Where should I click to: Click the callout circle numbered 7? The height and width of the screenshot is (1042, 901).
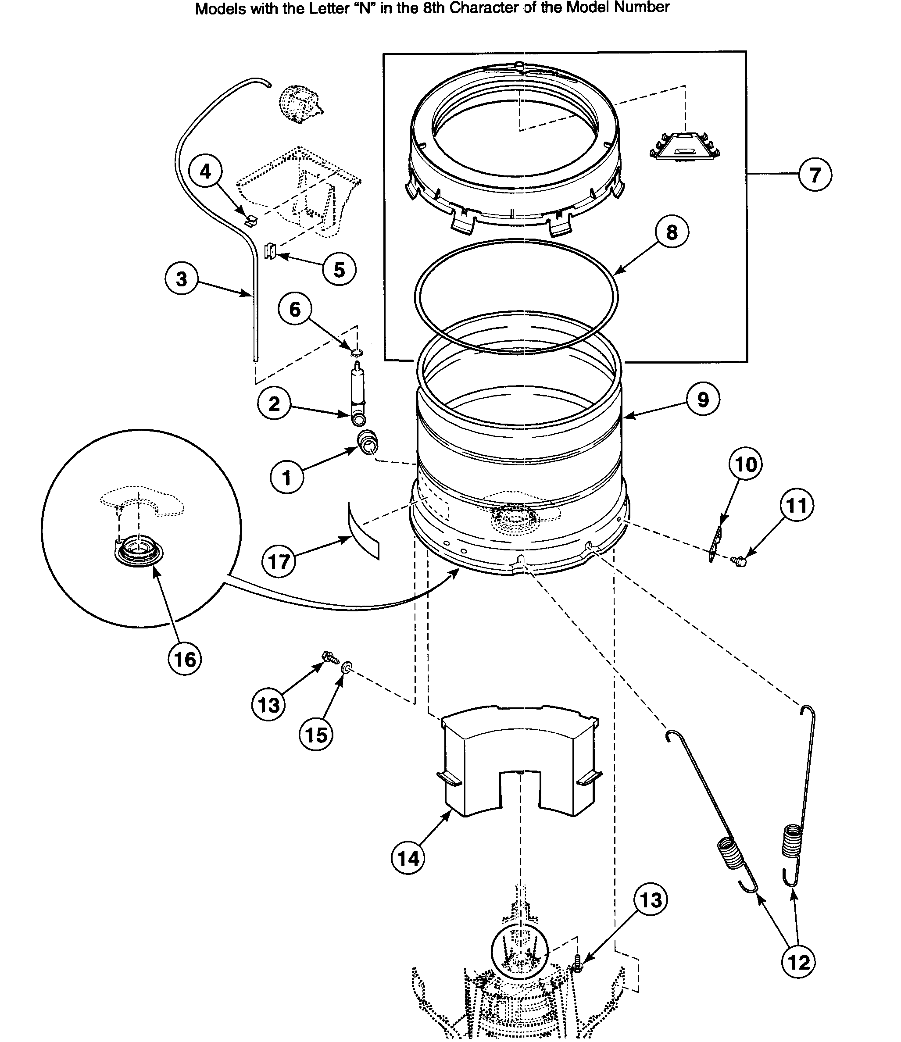click(815, 175)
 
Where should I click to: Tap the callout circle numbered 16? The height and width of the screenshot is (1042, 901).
click(185, 659)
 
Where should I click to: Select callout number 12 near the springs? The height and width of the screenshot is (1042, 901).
click(798, 962)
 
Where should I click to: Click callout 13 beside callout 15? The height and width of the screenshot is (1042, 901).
click(268, 705)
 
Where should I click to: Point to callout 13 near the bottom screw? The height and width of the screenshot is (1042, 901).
click(651, 899)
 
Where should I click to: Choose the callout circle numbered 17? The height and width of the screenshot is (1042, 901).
click(279, 561)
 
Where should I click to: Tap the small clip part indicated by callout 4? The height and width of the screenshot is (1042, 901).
click(250, 220)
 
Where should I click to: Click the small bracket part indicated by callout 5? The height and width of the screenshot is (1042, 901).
click(271, 250)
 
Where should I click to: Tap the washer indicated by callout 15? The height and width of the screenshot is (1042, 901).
click(346, 668)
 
